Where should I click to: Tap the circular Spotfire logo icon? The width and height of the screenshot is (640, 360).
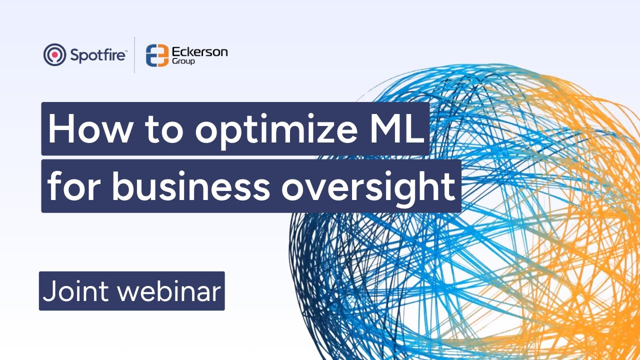[x=55, y=55]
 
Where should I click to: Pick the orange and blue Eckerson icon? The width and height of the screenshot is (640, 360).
[x=156, y=55]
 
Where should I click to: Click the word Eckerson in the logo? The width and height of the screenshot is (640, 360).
[x=199, y=52]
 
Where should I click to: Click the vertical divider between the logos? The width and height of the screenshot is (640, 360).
[x=134, y=55]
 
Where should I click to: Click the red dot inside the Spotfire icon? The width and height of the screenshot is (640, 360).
[x=55, y=54]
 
